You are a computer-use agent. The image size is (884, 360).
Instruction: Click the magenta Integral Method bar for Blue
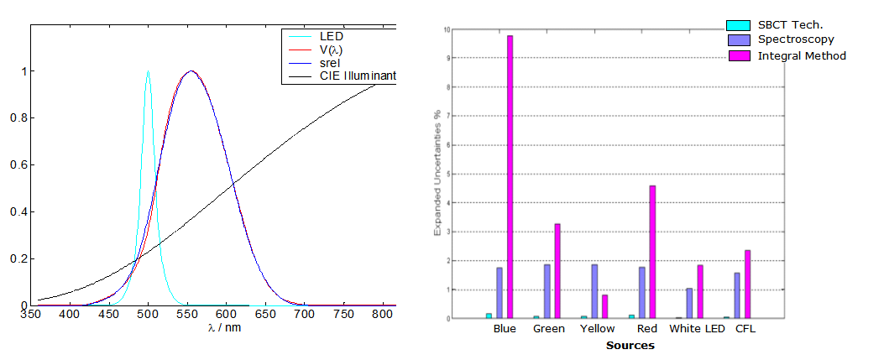(x=510, y=177)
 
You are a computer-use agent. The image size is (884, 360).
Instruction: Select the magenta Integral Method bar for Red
(x=652, y=252)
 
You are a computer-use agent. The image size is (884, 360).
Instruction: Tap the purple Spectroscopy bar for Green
(x=547, y=291)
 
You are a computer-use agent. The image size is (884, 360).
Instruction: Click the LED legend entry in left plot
(x=331, y=36)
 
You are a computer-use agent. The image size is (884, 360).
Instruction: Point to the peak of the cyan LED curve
(x=149, y=71)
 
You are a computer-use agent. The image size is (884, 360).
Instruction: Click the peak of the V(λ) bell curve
(x=191, y=71)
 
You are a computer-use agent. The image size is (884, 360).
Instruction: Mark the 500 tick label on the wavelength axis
(x=149, y=314)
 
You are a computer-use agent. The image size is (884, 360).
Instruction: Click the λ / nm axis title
(x=224, y=327)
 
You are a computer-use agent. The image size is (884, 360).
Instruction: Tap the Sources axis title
(x=630, y=345)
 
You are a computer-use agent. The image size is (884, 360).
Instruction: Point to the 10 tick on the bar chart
(x=446, y=29)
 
